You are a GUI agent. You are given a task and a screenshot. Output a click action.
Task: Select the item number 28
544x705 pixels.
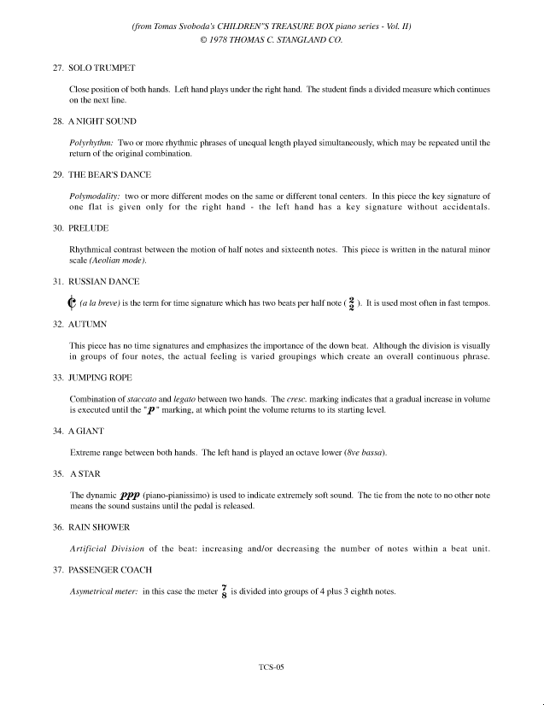coord(58,120)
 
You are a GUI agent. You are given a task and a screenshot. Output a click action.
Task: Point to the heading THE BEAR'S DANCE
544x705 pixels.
coord(110,174)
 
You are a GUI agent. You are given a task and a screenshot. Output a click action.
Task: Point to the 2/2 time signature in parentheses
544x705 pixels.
coord(351,303)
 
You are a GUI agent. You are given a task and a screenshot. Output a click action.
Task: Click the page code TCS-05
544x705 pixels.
coord(271,668)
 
